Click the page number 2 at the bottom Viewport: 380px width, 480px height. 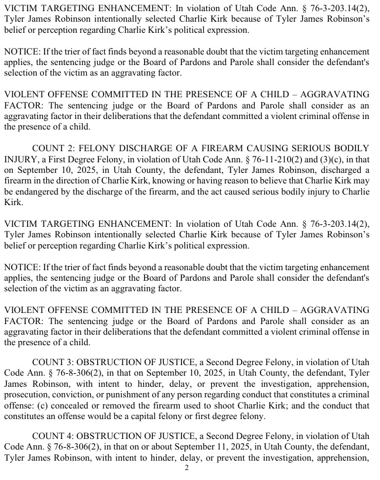(x=186, y=468)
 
